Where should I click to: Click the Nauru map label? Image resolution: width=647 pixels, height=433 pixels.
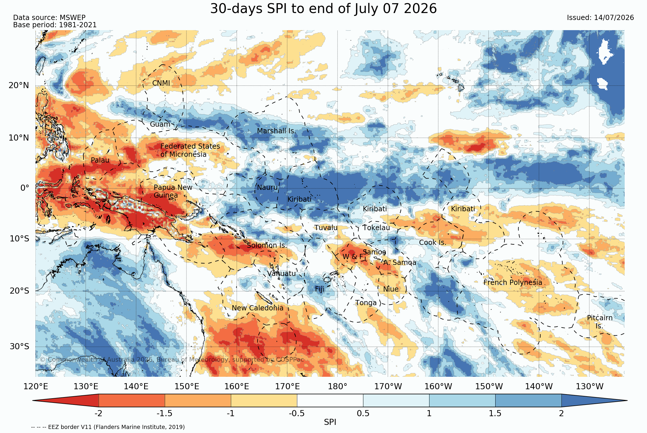click(267, 188)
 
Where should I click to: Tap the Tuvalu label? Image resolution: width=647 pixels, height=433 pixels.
click(326, 228)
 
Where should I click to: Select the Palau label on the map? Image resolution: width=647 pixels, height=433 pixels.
click(100, 160)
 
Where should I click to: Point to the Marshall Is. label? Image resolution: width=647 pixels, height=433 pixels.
click(276, 131)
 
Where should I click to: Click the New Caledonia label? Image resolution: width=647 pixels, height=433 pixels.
click(258, 308)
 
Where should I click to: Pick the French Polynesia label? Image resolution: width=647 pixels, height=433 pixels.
click(513, 283)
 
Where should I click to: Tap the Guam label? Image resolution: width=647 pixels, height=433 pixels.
click(160, 124)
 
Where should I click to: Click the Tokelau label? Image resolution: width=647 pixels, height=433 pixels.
click(376, 228)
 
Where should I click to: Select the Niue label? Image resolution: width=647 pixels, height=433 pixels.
click(391, 289)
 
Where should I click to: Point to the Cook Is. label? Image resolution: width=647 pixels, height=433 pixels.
click(432, 243)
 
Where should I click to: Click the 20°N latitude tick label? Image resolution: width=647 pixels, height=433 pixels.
click(19, 85)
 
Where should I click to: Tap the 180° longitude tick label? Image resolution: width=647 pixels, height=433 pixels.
click(338, 387)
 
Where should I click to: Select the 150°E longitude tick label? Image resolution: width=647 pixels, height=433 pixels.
click(186, 387)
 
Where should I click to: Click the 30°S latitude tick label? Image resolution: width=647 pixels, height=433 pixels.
click(19, 347)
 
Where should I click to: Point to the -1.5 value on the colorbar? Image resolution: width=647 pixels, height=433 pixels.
click(164, 413)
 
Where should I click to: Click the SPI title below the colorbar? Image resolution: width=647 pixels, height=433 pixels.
click(330, 422)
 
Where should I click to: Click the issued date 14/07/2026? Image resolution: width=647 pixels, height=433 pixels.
click(614, 18)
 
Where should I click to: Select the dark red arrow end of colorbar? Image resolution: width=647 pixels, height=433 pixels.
click(66, 401)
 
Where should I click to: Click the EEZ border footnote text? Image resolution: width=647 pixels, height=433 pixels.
click(108, 427)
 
